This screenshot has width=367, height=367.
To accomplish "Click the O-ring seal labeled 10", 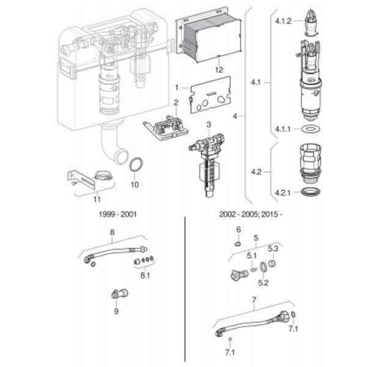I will point(139,165).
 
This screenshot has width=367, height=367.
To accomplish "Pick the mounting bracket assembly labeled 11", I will point(86,180).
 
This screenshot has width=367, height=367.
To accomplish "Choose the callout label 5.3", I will point(273,248).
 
